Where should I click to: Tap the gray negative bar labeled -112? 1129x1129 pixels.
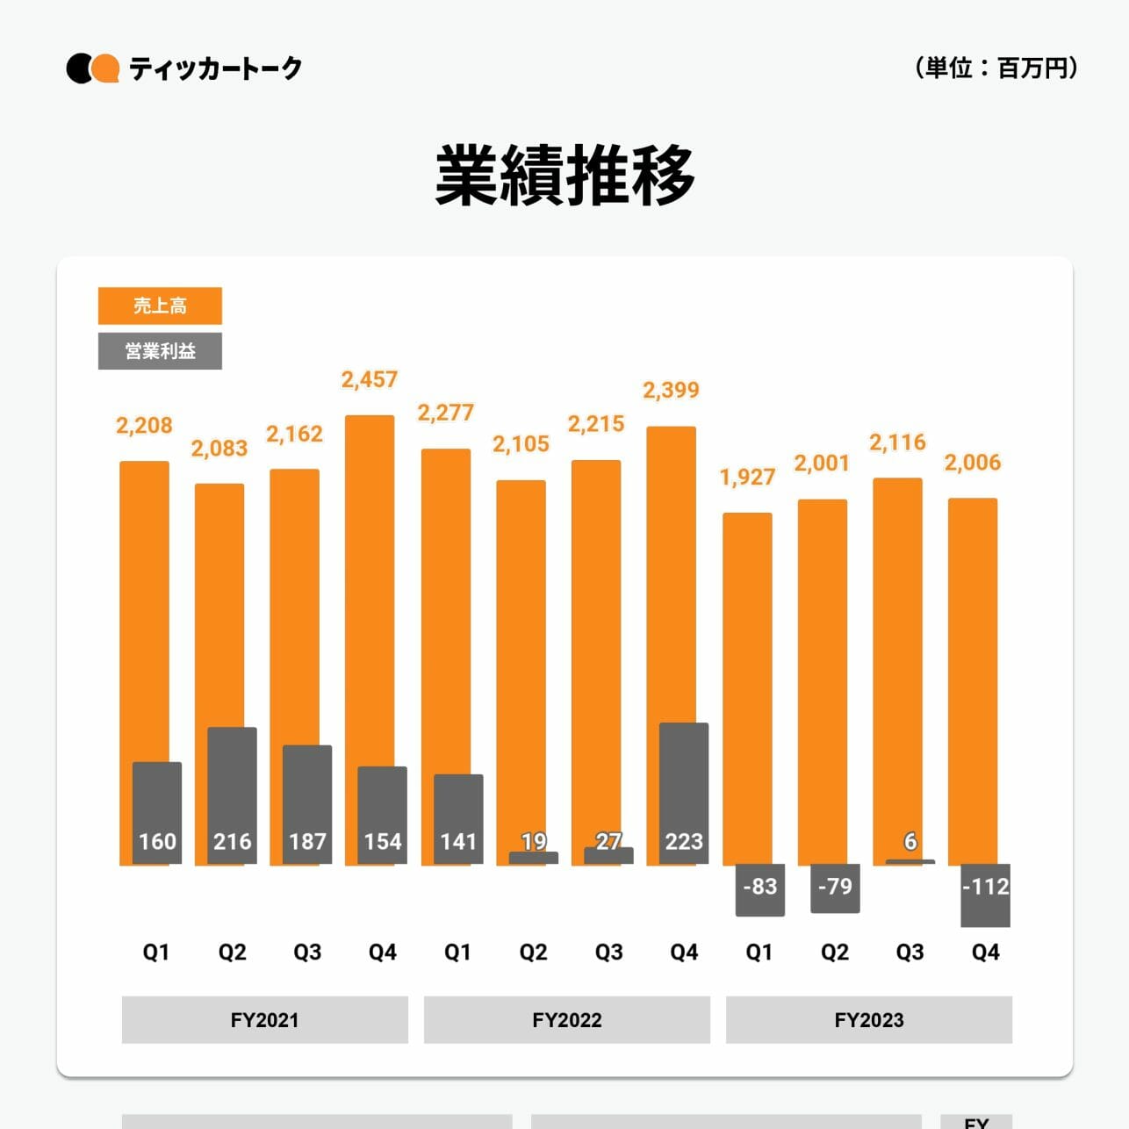click(x=985, y=895)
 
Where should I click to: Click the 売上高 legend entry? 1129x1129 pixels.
click(x=160, y=306)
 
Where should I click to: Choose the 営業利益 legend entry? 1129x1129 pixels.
click(x=160, y=351)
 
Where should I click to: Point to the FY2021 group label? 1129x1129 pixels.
click(x=264, y=1019)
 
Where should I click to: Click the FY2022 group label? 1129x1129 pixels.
click(x=566, y=1019)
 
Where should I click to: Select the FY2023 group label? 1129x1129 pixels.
click(x=868, y=1019)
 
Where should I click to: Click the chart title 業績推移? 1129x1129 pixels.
click(x=564, y=176)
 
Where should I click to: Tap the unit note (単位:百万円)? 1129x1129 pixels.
click(x=996, y=68)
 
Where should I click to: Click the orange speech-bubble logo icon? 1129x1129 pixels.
click(x=106, y=68)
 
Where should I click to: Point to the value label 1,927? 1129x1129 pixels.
click(x=747, y=477)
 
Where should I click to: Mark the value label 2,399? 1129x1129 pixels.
click(x=671, y=390)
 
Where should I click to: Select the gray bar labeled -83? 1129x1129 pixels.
click(x=759, y=889)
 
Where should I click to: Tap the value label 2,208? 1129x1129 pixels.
click(x=144, y=426)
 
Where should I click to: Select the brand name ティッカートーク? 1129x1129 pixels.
click(x=215, y=68)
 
